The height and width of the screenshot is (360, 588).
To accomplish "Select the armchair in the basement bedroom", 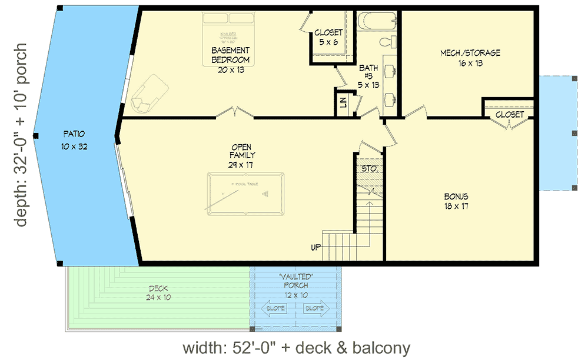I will pyautogui.click(x=145, y=94).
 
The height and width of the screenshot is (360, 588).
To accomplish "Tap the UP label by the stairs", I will pyautogui.click(x=316, y=248).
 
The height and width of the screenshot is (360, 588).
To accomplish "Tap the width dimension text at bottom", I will pyautogui.click(x=296, y=348).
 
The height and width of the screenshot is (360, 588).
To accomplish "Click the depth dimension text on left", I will pyautogui.click(x=21, y=135).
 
